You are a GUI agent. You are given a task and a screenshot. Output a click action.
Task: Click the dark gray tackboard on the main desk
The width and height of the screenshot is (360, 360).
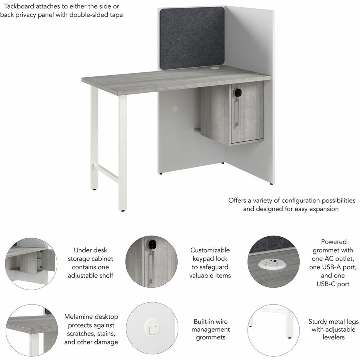click(x=192, y=38)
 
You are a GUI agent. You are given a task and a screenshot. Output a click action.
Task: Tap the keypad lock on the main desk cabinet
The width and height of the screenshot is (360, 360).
click(x=238, y=92)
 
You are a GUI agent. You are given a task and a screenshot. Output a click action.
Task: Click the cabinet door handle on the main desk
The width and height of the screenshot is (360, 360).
click(x=237, y=112)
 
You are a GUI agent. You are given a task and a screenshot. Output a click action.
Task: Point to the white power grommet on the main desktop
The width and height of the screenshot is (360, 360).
click(x=215, y=68)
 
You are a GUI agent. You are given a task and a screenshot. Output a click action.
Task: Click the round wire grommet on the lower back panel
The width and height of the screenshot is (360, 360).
click(x=176, y=108)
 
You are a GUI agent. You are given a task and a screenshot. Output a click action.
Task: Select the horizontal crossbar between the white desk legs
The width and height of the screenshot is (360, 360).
click(x=106, y=173)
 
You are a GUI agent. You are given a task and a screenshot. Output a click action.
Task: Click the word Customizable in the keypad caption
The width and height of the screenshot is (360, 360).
click(x=210, y=250)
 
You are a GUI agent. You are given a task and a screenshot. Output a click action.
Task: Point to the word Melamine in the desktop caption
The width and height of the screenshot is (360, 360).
click(x=79, y=317)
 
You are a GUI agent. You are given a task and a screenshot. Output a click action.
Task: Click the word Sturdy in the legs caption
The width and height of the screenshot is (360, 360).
click(x=318, y=322)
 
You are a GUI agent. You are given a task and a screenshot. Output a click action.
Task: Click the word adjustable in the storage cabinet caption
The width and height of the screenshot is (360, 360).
click(x=81, y=276)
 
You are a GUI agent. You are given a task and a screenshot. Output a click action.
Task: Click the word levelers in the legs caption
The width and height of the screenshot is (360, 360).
click(x=333, y=337)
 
